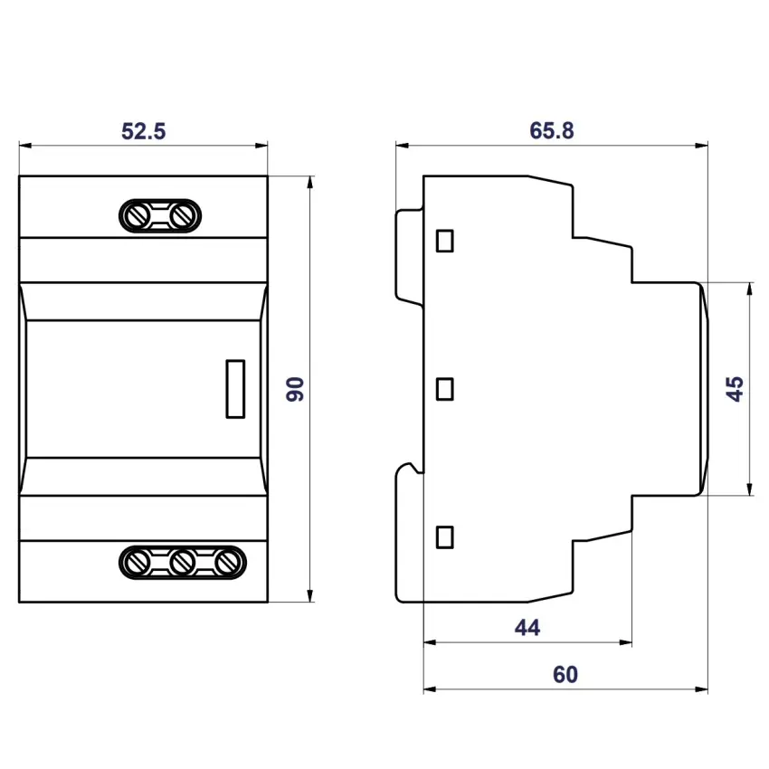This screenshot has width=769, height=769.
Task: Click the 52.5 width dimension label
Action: [143, 131]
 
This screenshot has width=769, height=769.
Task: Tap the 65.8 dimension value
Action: [551, 131]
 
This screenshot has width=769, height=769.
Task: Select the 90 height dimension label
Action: [295, 389]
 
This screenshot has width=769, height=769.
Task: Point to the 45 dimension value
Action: [735, 389]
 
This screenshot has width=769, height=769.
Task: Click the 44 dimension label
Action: [527, 627]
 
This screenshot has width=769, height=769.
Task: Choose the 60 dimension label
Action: [565, 674]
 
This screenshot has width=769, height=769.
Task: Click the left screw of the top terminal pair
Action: [138, 216]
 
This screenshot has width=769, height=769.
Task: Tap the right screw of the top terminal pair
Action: [182, 216]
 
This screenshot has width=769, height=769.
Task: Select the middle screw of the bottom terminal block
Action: [182, 562]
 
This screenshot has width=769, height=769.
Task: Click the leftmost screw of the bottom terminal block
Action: [138, 562]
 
